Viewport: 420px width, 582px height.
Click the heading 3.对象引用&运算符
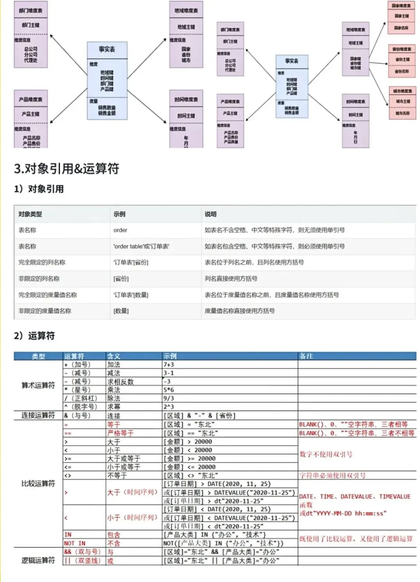66,169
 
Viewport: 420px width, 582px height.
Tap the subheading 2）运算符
34,336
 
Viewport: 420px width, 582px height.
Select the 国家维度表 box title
401,6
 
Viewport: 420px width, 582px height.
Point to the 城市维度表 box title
402,91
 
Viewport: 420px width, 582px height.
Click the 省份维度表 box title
402,49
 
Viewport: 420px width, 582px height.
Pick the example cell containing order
121,230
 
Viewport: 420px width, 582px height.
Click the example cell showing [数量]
121,311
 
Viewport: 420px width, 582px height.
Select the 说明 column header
210,214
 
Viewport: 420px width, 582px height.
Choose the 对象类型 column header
30,214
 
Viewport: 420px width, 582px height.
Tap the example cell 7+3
169,365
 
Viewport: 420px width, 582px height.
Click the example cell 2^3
169,407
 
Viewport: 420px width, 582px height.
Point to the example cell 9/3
169,398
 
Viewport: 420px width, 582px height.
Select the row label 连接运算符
38,415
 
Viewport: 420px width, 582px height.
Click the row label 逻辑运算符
38,560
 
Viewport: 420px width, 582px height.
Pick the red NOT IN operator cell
75,543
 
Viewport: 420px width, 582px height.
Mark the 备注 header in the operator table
306,356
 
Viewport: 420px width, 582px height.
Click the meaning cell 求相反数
120,382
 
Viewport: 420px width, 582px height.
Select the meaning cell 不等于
117,475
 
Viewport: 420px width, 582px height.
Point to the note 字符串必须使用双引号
332,475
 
